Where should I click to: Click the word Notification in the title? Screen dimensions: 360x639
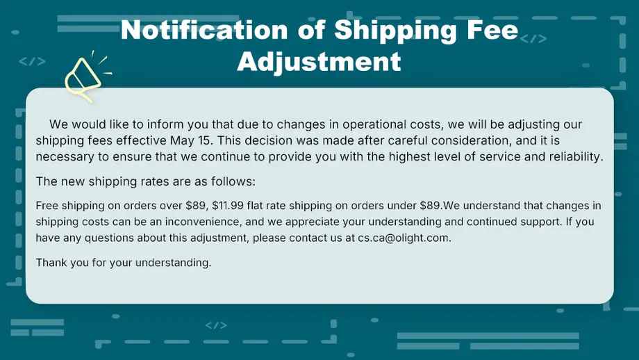click(204, 31)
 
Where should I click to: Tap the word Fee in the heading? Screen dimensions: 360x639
click(495, 31)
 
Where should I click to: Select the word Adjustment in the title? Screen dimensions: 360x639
click(319, 61)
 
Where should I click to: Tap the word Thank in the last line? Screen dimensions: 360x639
click(51, 263)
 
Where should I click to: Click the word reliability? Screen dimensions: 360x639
click(573, 157)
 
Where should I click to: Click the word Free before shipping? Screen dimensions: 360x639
click(47, 206)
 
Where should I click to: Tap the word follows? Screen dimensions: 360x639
click(235, 182)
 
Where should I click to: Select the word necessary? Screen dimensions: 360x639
click(63, 157)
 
